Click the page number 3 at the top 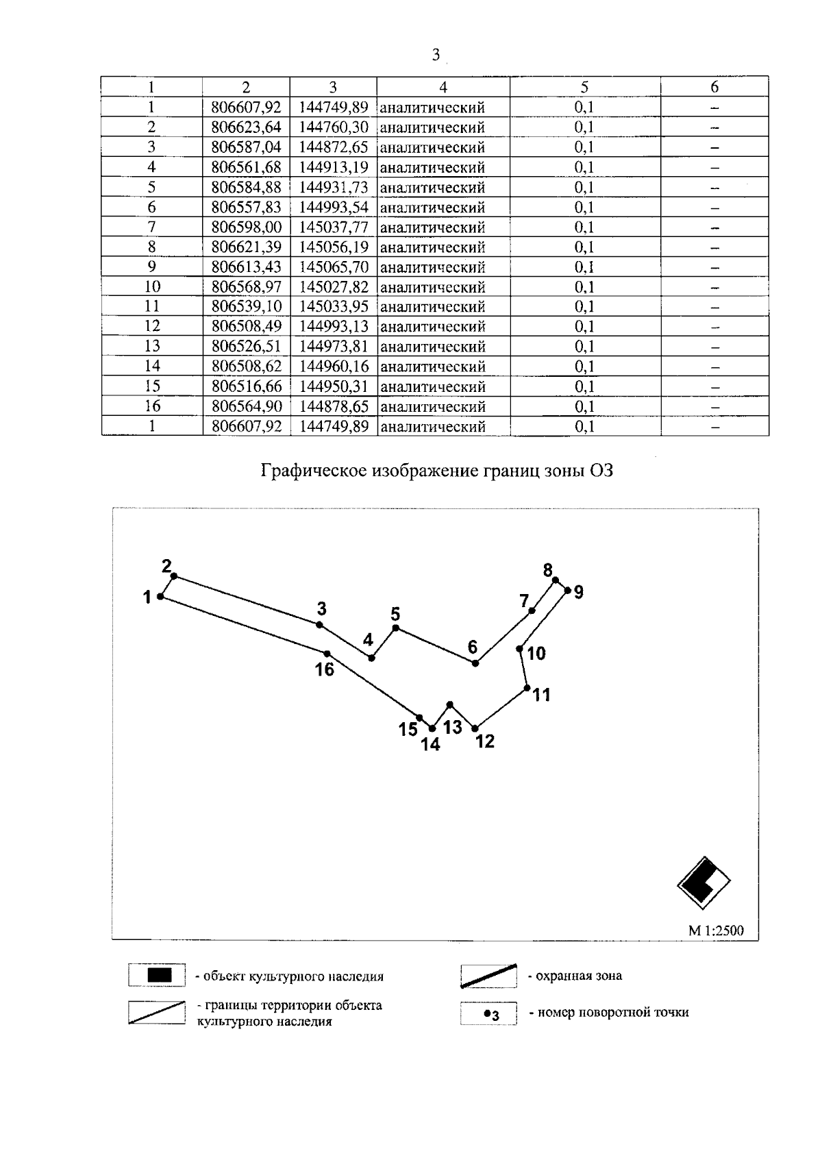[436, 55]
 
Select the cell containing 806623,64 [247, 127]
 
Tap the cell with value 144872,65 [334, 147]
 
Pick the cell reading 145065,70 [334, 267]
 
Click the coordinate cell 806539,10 [247, 306]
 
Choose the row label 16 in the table [152, 406]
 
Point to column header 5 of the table [584, 87]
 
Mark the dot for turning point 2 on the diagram [174, 576]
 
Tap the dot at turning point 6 [475, 663]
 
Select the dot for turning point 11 [527, 688]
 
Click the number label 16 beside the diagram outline [324, 669]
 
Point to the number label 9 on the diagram [579, 592]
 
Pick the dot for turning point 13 [450, 704]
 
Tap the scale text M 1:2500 [715, 930]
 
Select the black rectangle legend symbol [157, 975]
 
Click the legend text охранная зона [579, 976]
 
